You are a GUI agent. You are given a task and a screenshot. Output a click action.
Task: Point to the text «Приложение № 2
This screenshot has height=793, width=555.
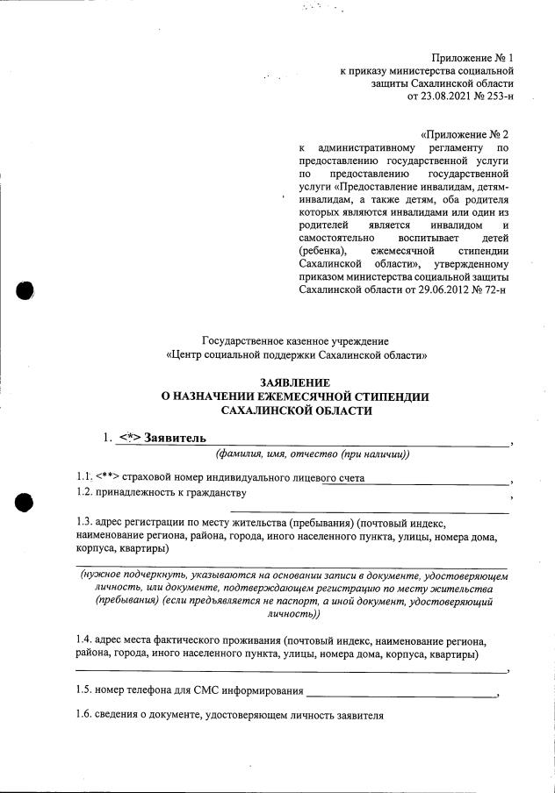[465, 135]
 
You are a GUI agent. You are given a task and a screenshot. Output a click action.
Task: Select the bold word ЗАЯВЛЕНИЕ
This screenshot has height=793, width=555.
[296, 383]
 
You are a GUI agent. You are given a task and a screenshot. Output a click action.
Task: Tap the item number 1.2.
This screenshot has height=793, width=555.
[85, 493]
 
